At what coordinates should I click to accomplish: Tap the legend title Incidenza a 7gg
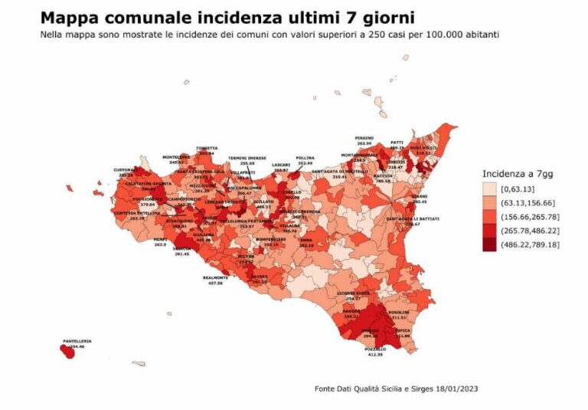[x=517, y=174]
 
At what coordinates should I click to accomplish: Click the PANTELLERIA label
[x=77, y=341]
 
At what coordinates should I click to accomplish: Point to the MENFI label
[x=160, y=240]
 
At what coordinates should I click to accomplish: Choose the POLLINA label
[x=305, y=159]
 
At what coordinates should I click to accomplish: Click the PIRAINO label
[x=364, y=138]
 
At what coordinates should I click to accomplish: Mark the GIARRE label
[x=420, y=196]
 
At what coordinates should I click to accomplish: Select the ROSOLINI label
[x=398, y=313]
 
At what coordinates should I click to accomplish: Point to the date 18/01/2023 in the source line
[x=455, y=389]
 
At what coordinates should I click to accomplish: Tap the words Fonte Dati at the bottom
[x=332, y=389]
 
